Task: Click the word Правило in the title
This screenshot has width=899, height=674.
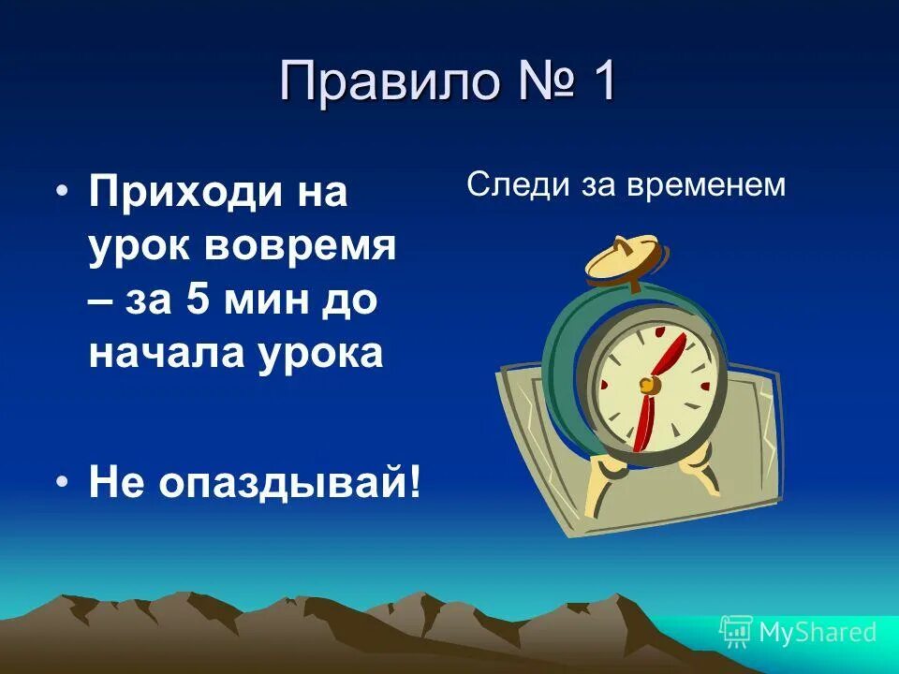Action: click(x=388, y=82)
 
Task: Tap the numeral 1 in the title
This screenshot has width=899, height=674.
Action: click(x=601, y=82)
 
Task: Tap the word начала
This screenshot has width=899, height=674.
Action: click(x=161, y=354)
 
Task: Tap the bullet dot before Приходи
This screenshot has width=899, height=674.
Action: click(x=63, y=192)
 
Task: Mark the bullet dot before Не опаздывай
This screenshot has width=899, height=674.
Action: click(x=63, y=480)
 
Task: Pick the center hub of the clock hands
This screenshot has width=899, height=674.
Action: click(x=647, y=384)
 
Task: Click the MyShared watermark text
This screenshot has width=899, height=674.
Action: click(x=818, y=633)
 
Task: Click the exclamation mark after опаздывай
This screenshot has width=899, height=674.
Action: click(x=413, y=482)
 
